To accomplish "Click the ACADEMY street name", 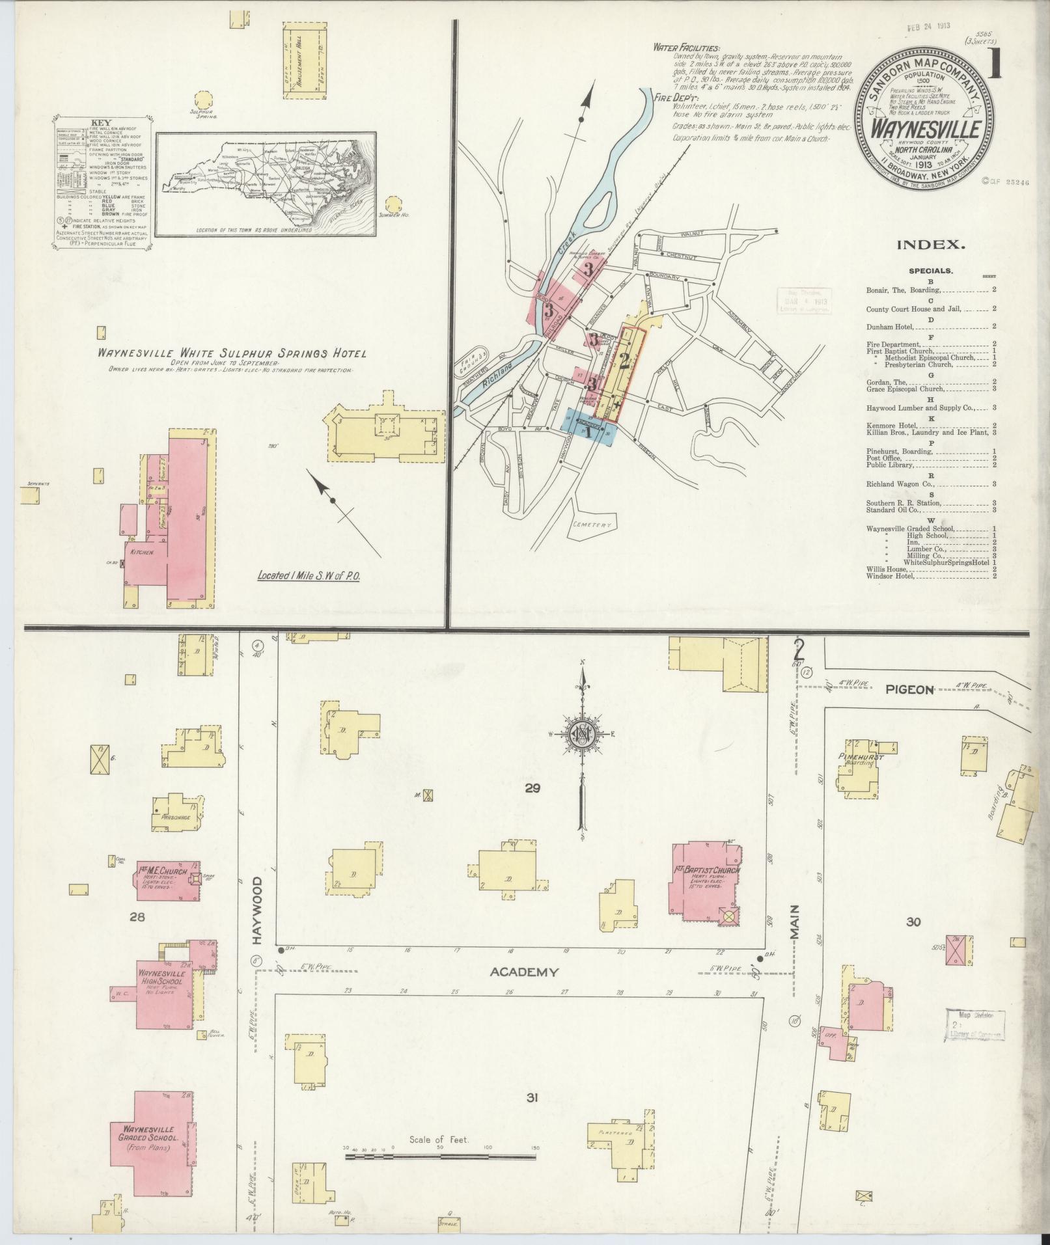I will tap(524, 991).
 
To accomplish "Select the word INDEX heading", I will tap(930, 245).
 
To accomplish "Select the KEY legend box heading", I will tap(102, 122).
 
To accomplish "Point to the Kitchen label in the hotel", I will tap(142, 552).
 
